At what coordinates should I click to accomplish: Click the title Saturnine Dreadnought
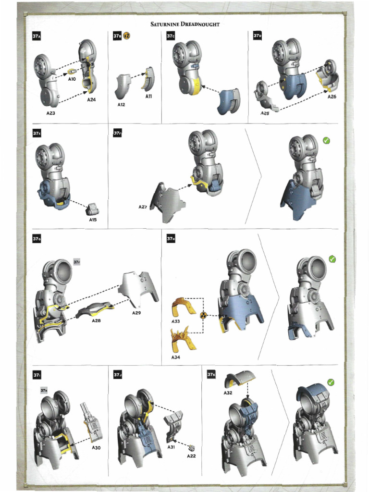(x=185, y=24)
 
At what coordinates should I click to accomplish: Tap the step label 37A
(x=37, y=36)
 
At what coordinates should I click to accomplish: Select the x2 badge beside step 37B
(x=126, y=36)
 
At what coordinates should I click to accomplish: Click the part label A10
(x=72, y=79)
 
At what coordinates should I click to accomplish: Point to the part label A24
(x=91, y=99)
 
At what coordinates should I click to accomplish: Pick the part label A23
(x=51, y=113)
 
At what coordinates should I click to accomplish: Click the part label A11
(x=149, y=96)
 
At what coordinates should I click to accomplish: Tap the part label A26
(x=332, y=97)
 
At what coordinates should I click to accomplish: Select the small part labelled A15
(x=93, y=209)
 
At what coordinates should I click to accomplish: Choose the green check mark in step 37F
(x=326, y=141)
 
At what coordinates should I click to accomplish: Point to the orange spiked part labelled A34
(x=184, y=339)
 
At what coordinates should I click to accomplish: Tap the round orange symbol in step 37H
(x=203, y=315)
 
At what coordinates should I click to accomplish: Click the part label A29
(x=136, y=313)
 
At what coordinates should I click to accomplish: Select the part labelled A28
(x=95, y=310)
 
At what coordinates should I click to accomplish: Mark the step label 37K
(x=211, y=374)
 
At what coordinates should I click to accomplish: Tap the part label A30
(x=96, y=448)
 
